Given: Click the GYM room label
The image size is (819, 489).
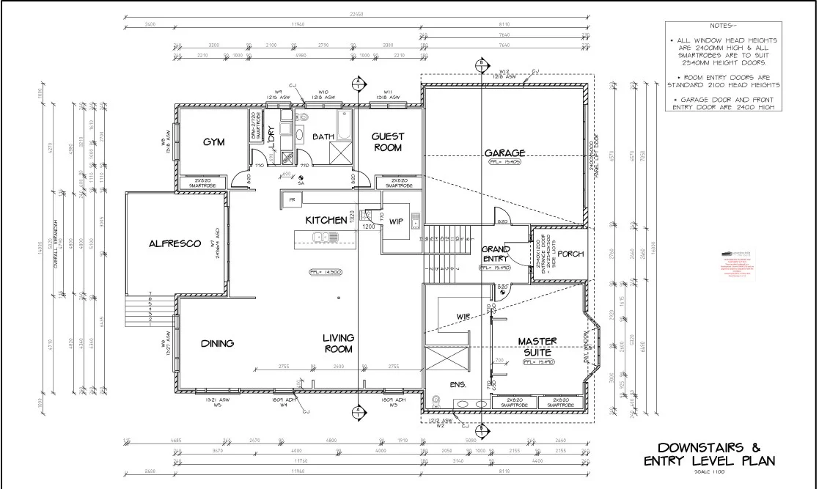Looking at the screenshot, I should click(213, 141).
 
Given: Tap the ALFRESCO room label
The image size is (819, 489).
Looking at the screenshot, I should click(175, 243).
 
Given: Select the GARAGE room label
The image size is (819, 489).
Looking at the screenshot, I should click(504, 153).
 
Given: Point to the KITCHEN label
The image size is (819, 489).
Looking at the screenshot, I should click(326, 220).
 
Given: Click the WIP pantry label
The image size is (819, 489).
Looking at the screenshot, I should click(396, 221).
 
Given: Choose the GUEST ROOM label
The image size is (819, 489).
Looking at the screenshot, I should click(389, 141).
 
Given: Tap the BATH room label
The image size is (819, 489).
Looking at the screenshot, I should click(323, 137).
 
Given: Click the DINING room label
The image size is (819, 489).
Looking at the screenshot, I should click(217, 343).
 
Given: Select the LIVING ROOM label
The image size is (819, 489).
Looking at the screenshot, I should click(339, 343).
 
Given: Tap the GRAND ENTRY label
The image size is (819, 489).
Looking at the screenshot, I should click(496, 254).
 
